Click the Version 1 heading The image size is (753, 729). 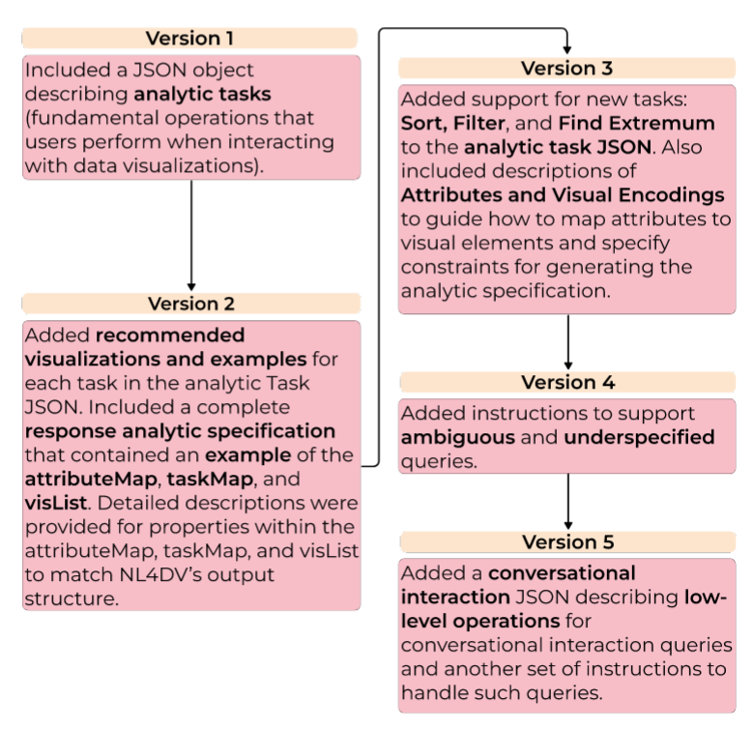[190, 39]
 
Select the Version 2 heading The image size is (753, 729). [190, 304]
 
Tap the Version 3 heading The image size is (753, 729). [566, 69]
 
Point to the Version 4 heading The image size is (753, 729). [566, 383]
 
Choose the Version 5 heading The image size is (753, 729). [566, 541]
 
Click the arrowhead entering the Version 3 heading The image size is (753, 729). [567, 51]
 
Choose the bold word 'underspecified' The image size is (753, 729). [639, 438]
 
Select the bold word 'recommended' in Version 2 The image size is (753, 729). [170, 336]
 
